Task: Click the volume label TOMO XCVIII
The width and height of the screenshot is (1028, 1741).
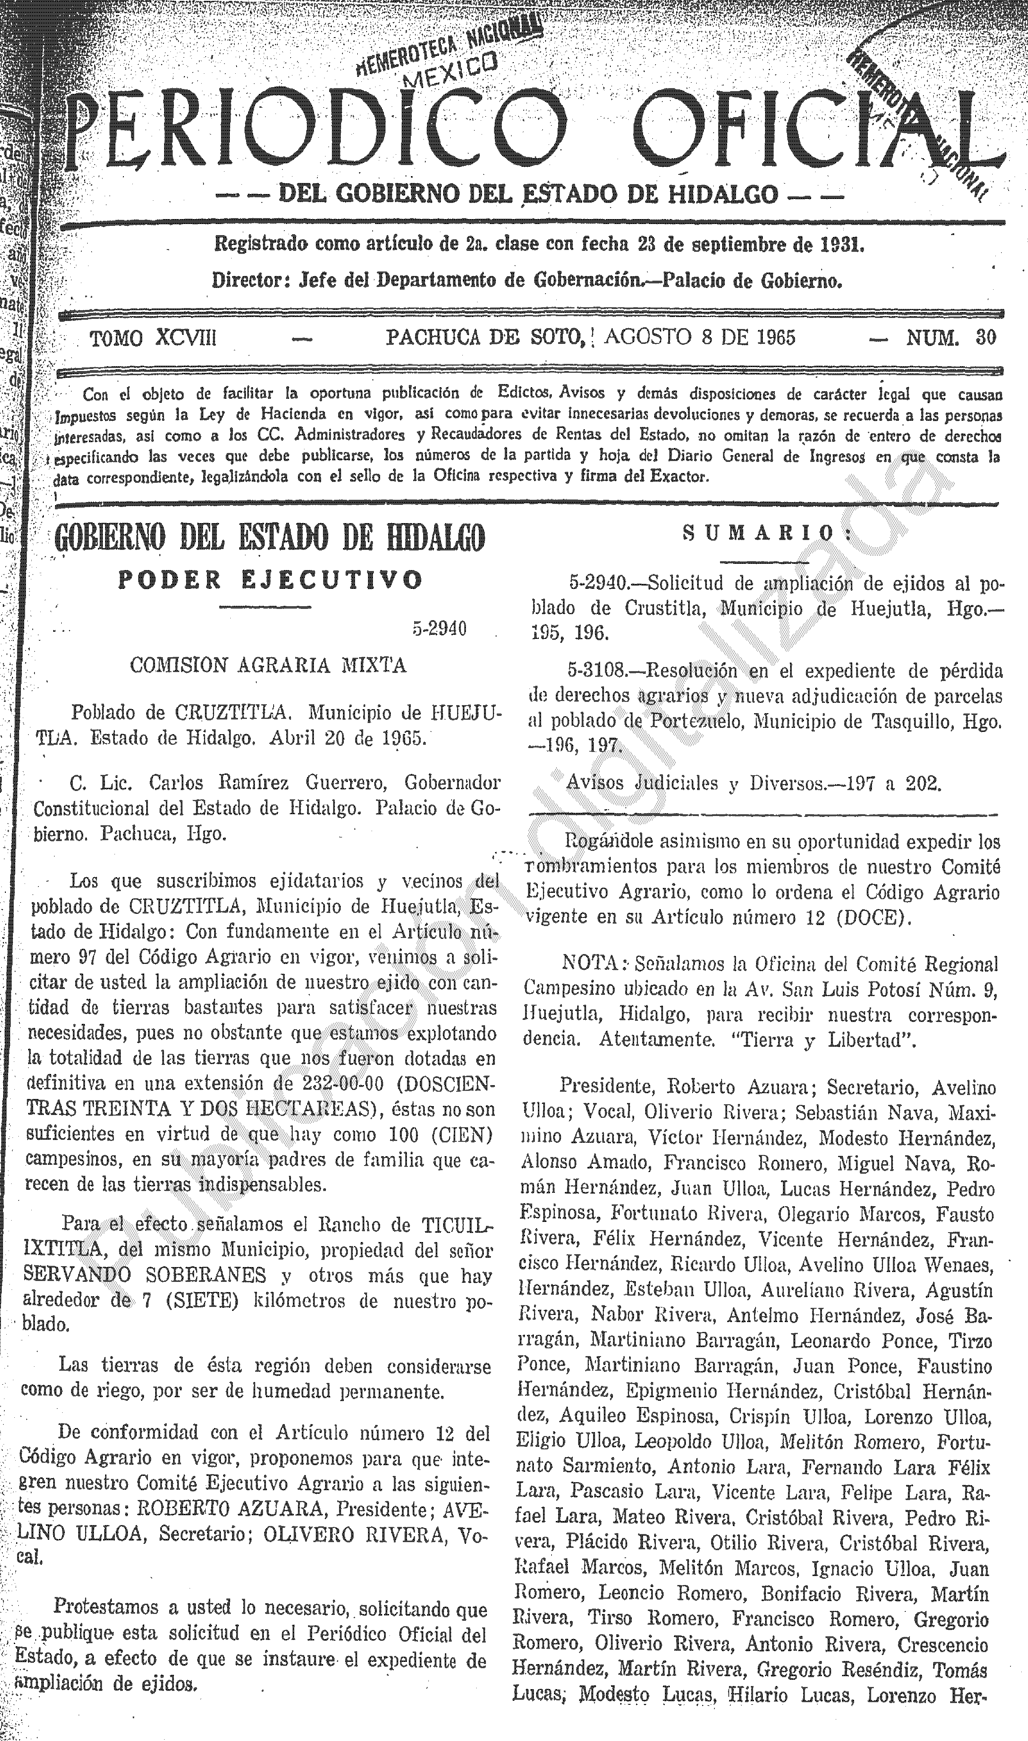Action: (153, 338)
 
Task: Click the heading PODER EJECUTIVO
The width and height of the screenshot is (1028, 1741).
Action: (270, 579)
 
